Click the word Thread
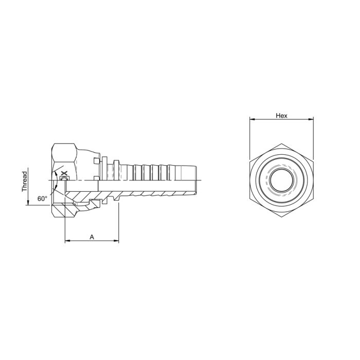(x=24, y=182)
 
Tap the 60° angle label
(x=43, y=199)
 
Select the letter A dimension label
(x=92, y=237)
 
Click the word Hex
(x=281, y=116)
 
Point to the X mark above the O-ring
(x=64, y=173)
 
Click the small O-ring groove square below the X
(x=64, y=178)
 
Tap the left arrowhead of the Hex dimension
(x=253, y=119)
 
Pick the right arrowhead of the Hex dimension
(x=311, y=119)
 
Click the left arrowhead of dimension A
(x=67, y=241)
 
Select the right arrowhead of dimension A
(x=116, y=241)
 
